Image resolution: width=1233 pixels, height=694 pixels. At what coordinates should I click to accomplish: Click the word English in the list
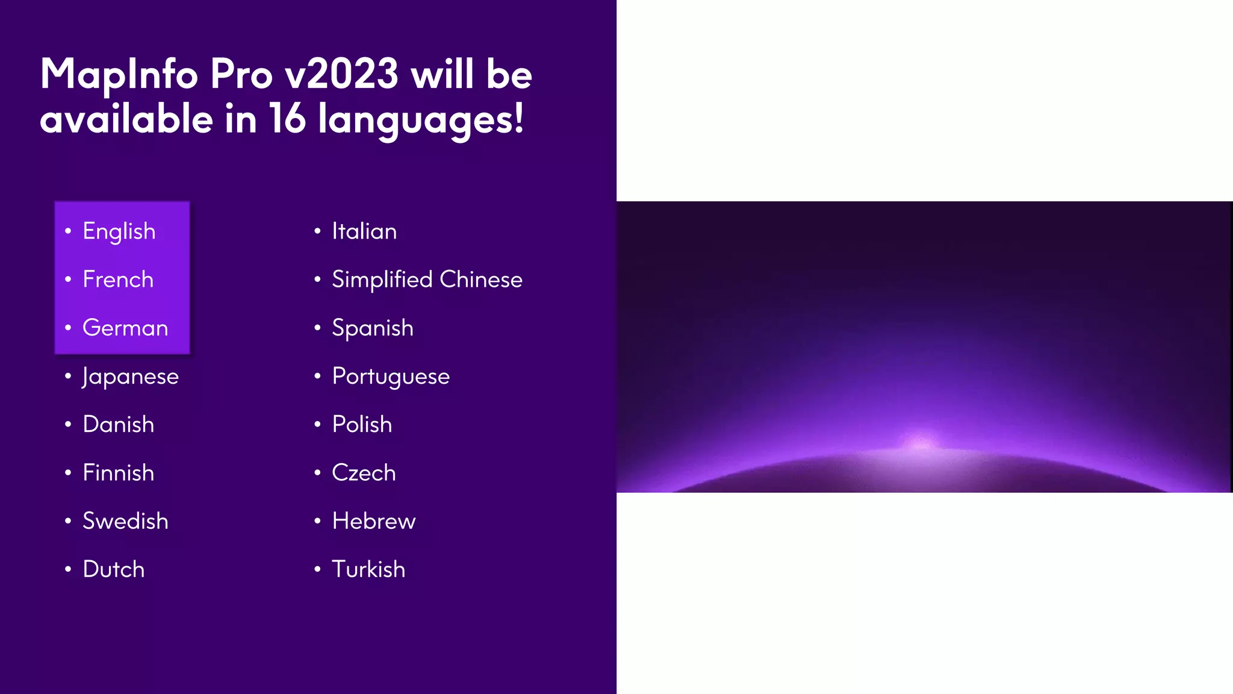tap(119, 232)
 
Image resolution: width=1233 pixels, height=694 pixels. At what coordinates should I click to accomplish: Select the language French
tap(118, 280)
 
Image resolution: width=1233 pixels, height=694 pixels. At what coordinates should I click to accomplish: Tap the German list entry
tap(125, 328)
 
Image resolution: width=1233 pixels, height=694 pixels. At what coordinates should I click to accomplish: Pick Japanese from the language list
tap(131, 377)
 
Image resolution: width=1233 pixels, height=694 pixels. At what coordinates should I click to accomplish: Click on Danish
tap(119, 425)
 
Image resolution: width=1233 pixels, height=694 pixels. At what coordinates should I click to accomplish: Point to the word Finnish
tap(119, 473)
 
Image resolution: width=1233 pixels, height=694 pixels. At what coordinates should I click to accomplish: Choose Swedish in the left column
tap(125, 521)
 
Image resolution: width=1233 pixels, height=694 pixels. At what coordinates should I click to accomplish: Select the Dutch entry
tap(114, 569)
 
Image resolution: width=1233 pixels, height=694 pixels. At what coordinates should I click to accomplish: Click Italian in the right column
tap(364, 232)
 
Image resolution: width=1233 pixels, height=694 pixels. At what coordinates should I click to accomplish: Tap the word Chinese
tap(481, 280)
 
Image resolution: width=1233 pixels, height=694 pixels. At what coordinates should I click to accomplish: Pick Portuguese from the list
tap(391, 377)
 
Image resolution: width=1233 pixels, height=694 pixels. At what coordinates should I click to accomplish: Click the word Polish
tap(362, 425)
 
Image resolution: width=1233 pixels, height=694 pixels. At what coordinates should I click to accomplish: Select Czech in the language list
tap(364, 473)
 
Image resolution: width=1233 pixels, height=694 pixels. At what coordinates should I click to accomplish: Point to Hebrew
tap(374, 521)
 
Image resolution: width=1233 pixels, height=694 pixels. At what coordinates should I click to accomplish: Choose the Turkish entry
tap(368, 569)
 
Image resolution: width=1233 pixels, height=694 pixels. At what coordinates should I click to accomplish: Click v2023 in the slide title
tap(341, 74)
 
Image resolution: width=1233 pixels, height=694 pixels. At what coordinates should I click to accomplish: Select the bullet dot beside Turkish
tap(317, 569)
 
